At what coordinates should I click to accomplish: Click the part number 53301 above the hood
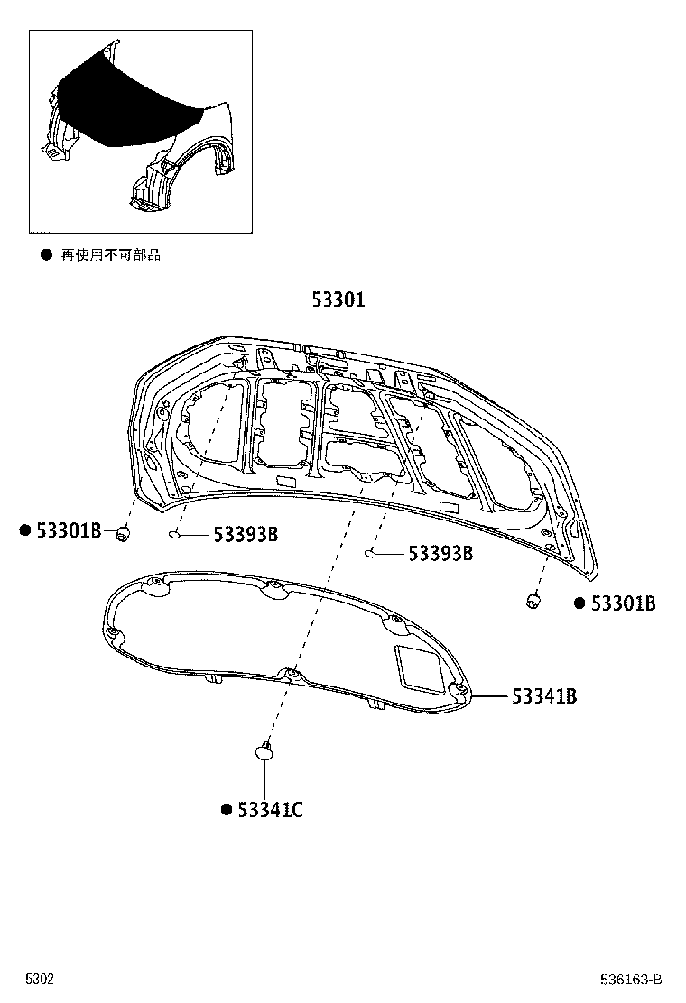(x=338, y=300)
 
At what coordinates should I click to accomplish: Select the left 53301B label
(x=69, y=531)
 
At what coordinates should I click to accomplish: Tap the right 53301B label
(x=623, y=603)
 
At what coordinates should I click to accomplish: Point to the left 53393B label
(x=246, y=536)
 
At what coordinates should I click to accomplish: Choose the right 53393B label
(x=440, y=554)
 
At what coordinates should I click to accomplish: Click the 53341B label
(x=544, y=696)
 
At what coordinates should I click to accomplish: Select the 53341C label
(x=270, y=810)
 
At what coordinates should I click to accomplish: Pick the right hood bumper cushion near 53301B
(x=533, y=599)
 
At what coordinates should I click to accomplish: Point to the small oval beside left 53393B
(x=175, y=536)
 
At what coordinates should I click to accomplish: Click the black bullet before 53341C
(x=227, y=810)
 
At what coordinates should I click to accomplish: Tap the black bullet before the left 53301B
(x=25, y=530)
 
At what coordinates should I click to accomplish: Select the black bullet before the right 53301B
(x=579, y=603)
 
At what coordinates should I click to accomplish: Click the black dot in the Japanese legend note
(x=45, y=255)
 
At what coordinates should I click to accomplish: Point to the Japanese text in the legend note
(x=110, y=255)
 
